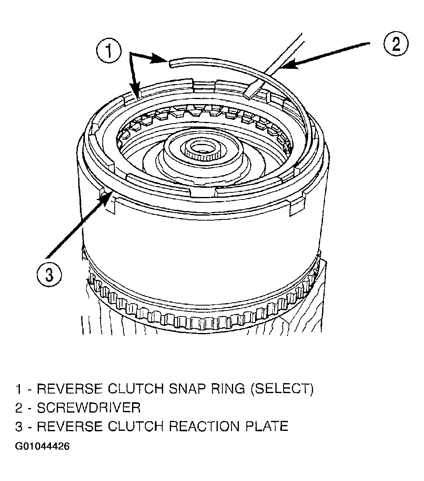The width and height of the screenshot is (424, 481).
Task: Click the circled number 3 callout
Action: tap(49, 274)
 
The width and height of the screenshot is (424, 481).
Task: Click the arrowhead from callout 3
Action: tap(106, 198)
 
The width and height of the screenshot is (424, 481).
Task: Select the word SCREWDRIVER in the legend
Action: tap(89, 408)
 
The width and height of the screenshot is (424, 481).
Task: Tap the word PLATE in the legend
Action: tap(267, 426)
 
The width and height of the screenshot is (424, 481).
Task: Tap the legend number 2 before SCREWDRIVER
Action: tap(19, 408)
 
